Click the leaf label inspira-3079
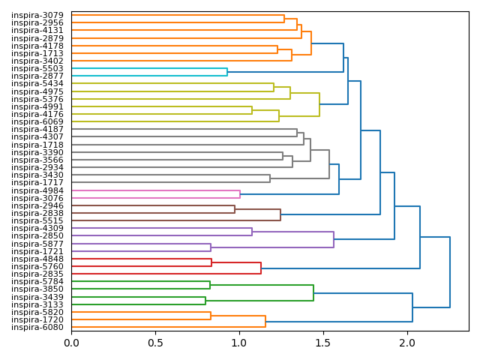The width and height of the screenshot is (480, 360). [x=37, y=15]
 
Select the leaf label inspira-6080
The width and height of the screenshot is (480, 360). [x=37, y=327]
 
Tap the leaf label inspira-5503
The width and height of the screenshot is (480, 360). [x=37, y=68]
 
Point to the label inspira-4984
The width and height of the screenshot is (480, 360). [x=37, y=190]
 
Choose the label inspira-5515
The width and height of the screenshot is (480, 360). [x=37, y=220]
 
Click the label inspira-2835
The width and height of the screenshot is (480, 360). [x=37, y=274]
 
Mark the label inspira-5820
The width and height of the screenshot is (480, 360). [x=37, y=312]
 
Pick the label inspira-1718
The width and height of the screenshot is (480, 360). [x=37, y=144]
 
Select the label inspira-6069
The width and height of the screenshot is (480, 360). [x=37, y=121]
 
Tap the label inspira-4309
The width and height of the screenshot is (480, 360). [x=37, y=228]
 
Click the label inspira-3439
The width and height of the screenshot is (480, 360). [x=37, y=297]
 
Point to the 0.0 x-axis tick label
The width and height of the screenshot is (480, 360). [x=71, y=343]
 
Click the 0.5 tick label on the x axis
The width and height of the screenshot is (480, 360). [x=155, y=343]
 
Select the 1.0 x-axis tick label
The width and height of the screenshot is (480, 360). [x=239, y=343]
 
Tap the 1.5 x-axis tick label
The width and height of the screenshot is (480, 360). [x=323, y=343]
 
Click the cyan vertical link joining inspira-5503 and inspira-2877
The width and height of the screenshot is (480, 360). [x=227, y=72]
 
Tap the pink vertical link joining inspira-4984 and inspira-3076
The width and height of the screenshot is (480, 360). [x=240, y=194]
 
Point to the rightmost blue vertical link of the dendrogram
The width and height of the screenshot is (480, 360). [x=450, y=272]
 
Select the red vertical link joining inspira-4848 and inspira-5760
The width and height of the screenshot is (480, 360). [x=211, y=262]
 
